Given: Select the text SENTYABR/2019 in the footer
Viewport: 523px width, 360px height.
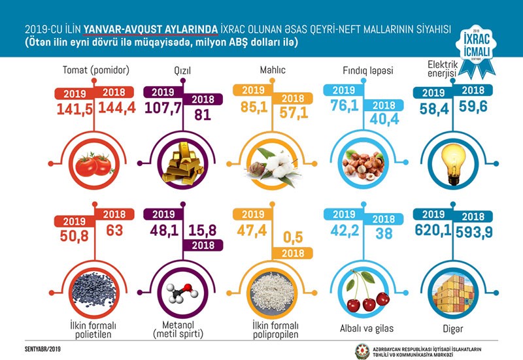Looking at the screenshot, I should pos(31,347).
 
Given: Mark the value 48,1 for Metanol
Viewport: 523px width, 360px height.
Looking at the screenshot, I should pos(160,229).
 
